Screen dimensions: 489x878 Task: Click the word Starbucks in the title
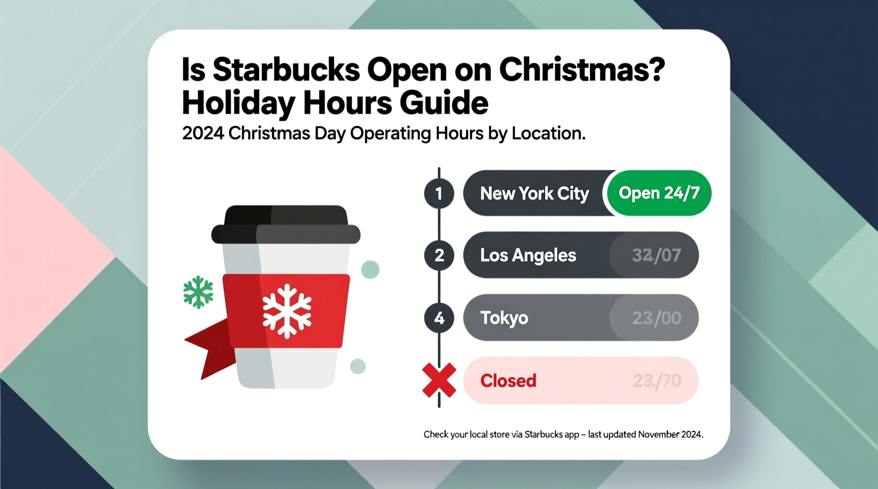[286, 70]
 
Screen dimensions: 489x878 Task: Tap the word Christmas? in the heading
[582, 70]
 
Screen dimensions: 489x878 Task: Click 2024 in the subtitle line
[203, 133]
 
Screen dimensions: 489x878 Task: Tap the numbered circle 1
[439, 193]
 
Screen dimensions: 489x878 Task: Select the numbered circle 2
[439, 255]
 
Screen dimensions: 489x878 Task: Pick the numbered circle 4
[439, 318]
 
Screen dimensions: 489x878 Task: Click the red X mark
[439, 380]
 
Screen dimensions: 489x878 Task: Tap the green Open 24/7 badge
[659, 193]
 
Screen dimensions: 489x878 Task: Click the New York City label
[534, 193]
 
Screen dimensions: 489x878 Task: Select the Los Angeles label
[528, 255]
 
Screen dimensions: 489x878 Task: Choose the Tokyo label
[504, 318]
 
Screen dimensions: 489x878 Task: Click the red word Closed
[508, 380]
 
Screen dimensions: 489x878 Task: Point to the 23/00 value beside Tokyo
[656, 318]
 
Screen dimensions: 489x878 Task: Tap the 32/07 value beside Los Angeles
[656, 256]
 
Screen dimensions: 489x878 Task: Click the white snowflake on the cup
[287, 311]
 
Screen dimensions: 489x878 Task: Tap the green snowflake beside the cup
[198, 291]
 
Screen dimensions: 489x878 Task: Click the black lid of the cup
[286, 224]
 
